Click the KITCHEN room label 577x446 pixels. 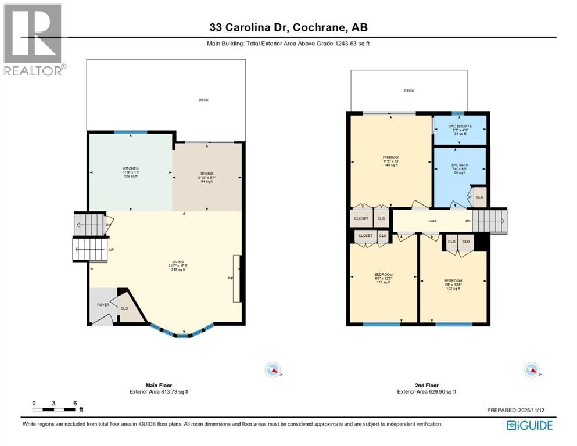pyautogui.click(x=130, y=168)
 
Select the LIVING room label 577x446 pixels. pyautogui.click(x=177, y=262)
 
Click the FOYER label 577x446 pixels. pyautogui.click(x=103, y=304)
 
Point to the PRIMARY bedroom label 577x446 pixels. pyautogui.click(x=390, y=157)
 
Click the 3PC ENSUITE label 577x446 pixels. pyautogui.click(x=460, y=126)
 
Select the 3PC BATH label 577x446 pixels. pyautogui.click(x=460, y=165)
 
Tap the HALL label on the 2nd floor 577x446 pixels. pyautogui.click(x=432, y=221)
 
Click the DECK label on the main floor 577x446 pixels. pyautogui.click(x=203, y=100)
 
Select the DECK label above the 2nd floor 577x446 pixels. pyautogui.click(x=409, y=91)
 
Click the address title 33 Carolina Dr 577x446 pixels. pyautogui.click(x=288, y=27)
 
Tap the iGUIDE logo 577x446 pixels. pyautogui.click(x=529, y=426)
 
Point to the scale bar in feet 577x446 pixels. pyautogui.click(x=55, y=408)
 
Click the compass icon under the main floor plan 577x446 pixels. pyautogui.click(x=272, y=370)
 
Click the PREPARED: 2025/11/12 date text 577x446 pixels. pyautogui.click(x=519, y=410)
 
